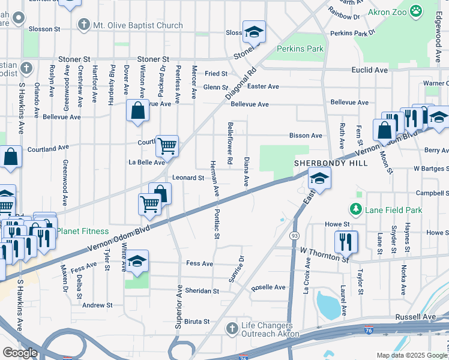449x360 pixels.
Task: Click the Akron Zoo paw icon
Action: point(415,11)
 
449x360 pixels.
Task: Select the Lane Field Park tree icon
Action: point(356,209)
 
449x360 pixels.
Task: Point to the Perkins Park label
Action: point(300,49)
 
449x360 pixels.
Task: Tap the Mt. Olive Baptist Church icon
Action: point(83,25)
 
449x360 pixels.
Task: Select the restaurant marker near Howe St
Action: point(346,241)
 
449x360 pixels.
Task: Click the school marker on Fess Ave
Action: point(137,260)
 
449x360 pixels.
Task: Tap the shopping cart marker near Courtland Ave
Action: point(167,145)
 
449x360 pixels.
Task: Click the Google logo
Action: point(20,353)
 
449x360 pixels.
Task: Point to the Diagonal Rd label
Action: point(241,82)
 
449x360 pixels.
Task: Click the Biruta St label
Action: point(197,322)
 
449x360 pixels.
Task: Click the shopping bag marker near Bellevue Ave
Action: point(137,110)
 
